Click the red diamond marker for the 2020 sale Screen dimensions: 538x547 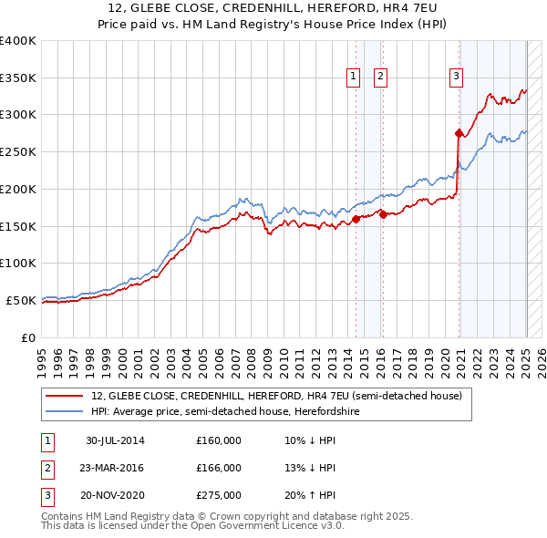[459, 133]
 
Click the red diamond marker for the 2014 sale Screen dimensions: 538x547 [356, 219]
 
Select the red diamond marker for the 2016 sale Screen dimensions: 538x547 [383, 214]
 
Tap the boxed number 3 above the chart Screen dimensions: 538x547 [455, 78]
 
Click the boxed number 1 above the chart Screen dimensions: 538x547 [352, 78]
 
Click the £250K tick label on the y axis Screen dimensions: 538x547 [18, 152]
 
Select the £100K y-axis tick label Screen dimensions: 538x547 [18, 263]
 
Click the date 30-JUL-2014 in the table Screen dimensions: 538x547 [115, 440]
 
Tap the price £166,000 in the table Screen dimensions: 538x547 [219, 468]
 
